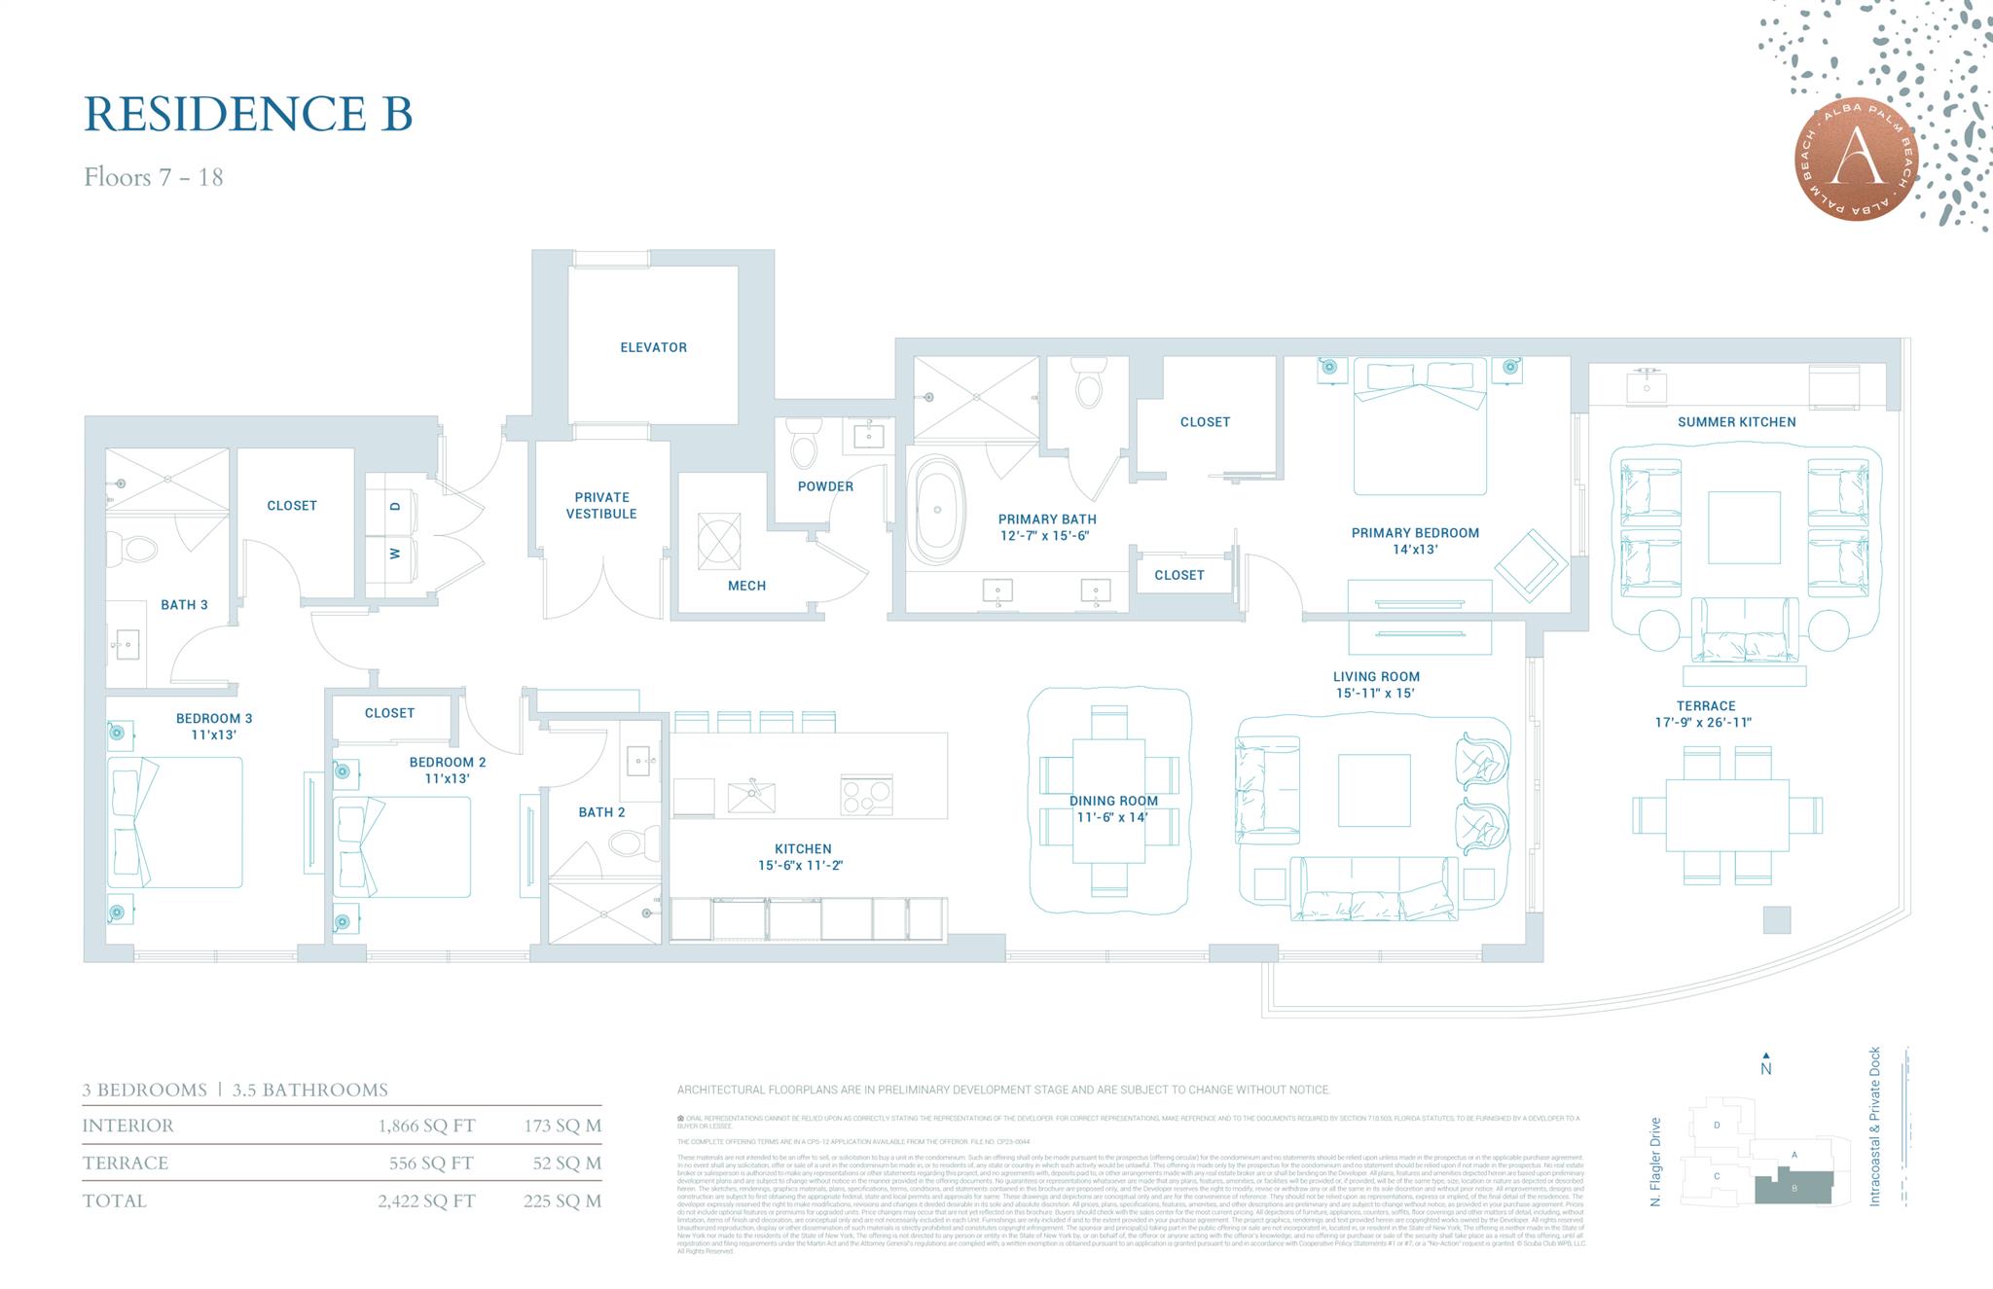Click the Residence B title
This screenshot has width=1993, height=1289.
pyautogui.click(x=248, y=114)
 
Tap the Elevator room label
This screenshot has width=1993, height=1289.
pyautogui.click(x=653, y=347)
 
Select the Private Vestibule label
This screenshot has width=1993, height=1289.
pyautogui.click(x=601, y=505)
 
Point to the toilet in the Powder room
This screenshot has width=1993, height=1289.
pyautogui.click(x=804, y=447)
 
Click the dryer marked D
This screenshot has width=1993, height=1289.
pyautogui.click(x=394, y=506)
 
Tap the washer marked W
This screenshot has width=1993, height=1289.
pyautogui.click(x=394, y=554)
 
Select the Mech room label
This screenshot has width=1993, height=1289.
pyautogui.click(x=746, y=586)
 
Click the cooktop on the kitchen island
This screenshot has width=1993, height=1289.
pyautogui.click(x=866, y=797)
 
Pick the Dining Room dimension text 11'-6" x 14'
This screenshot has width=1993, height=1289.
pyautogui.click(x=1113, y=817)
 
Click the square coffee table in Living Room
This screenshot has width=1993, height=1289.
pyautogui.click(x=1373, y=790)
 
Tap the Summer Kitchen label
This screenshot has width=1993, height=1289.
pyautogui.click(x=1736, y=422)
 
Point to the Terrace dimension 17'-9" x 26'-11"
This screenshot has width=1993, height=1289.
pyautogui.click(x=1705, y=723)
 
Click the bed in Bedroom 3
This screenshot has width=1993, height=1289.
pyautogui.click(x=175, y=822)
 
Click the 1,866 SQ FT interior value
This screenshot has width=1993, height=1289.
pyautogui.click(x=426, y=1127)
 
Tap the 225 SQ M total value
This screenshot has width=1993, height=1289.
pyautogui.click(x=562, y=1201)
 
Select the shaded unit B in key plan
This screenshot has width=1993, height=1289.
pyautogui.click(x=1794, y=1188)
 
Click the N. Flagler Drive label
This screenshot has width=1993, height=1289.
pyautogui.click(x=1655, y=1162)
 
